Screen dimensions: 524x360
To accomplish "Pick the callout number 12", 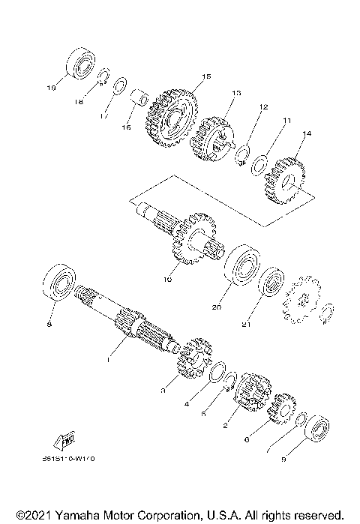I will tap(262, 107).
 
